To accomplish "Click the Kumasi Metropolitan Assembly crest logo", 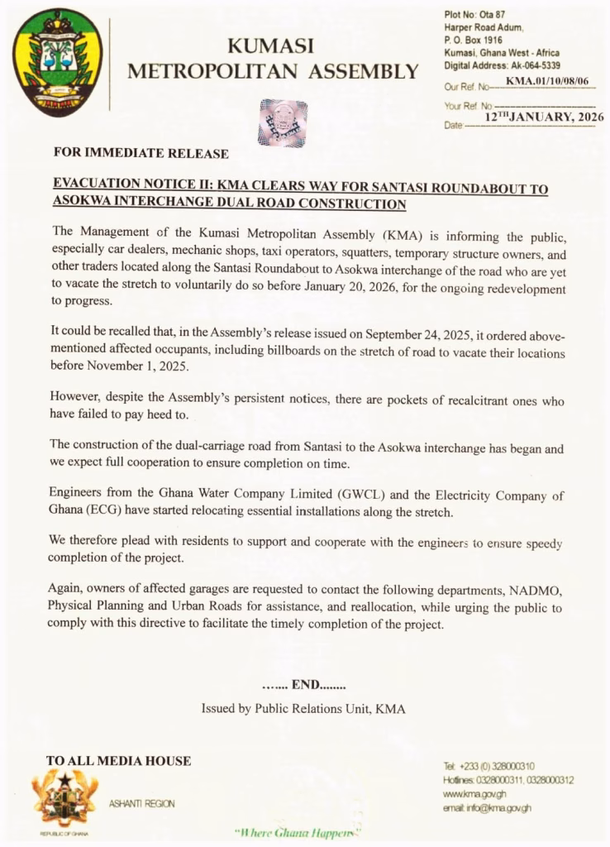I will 57,62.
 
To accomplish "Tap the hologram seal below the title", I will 283,122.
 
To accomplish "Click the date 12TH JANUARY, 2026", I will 544,117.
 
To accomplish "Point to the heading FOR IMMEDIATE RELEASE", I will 141,153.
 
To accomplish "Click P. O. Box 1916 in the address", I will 473,41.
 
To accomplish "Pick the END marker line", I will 304,685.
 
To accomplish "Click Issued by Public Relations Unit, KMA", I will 303,709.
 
